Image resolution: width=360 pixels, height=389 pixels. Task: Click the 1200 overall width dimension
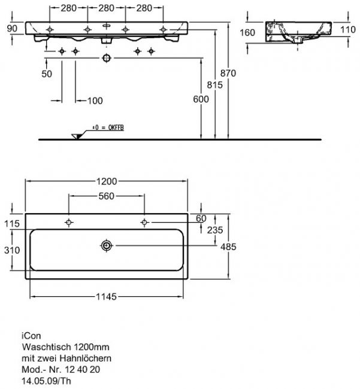(x=107, y=181)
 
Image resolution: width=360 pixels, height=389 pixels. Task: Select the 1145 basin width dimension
(x=106, y=297)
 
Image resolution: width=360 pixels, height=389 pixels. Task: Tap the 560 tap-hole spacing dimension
(x=106, y=196)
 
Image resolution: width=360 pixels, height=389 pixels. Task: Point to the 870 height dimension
(x=228, y=73)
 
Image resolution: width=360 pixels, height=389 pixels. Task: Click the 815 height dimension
(x=215, y=85)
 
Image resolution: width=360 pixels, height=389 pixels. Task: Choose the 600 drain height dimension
(x=201, y=99)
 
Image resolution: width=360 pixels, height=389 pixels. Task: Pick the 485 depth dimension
(x=228, y=247)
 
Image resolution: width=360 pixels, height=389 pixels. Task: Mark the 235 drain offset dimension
(x=215, y=230)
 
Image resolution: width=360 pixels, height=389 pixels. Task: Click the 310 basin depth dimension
(x=12, y=250)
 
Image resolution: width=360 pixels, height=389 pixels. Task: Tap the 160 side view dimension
(x=247, y=32)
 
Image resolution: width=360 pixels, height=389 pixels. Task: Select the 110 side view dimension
(x=348, y=30)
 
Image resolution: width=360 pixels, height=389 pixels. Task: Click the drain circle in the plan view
(x=107, y=245)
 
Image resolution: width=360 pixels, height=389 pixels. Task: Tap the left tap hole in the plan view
(x=69, y=222)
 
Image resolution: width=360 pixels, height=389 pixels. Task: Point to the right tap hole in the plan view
(x=144, y=222)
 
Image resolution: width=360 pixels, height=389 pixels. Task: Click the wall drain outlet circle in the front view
(x=107, y=58)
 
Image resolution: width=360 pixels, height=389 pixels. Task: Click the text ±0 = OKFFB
(x=108, y=127)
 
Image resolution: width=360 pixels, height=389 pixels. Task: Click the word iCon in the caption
(x=31, y=336)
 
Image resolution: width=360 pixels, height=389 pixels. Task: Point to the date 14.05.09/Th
(x=46, y=381)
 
